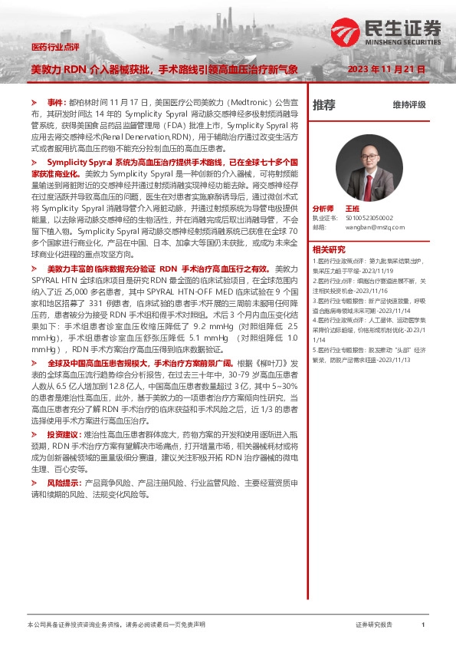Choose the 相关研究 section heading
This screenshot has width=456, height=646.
click(329, 249)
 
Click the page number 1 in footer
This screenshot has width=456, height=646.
click(422, 626)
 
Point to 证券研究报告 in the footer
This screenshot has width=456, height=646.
click(374, 626)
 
